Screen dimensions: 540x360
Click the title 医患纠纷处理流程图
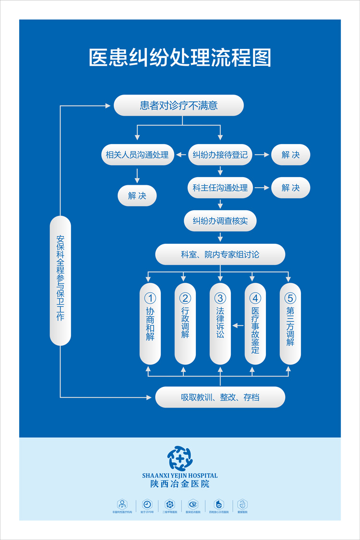[180, 58]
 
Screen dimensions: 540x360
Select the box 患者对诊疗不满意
[179, 105]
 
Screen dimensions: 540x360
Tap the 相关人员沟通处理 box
[137, 155]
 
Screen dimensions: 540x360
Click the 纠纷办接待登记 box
[220, 155]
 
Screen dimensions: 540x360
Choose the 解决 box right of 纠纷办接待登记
[290, 155]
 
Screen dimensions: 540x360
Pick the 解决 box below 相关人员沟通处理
[137, 195]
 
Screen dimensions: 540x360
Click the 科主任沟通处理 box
[220, 188]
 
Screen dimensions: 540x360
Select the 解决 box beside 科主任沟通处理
[290, 188]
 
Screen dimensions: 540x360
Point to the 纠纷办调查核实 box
[220, 221]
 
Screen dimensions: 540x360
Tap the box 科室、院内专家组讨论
[220, 254]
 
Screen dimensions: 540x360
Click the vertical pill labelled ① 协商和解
[150, 324]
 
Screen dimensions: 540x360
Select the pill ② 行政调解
[185, 324]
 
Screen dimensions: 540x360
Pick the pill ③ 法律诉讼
[220, 324]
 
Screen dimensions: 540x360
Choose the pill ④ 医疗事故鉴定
[255, 324]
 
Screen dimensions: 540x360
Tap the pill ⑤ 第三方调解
[290, 324]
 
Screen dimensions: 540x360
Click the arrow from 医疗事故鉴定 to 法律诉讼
[238, 326]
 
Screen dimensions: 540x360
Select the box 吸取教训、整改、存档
[220, 397]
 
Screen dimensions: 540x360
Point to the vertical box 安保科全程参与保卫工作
[60, 280]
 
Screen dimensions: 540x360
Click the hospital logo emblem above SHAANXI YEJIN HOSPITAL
[180, 458]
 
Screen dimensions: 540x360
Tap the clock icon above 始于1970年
[147, 504]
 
